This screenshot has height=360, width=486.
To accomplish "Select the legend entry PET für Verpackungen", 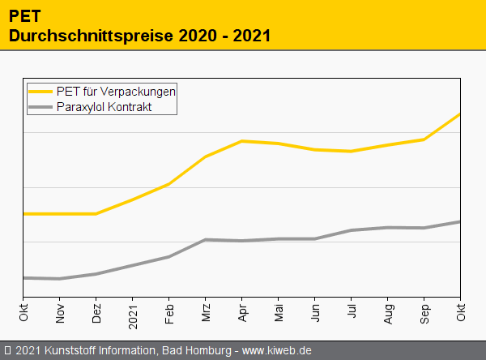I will click(116, 91).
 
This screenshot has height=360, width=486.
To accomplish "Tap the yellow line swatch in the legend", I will click(40, 91).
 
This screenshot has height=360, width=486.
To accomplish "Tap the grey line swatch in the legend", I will click(40, 106).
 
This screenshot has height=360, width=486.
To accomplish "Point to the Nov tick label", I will click(60, 311).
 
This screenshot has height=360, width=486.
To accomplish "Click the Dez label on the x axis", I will click(96, 311).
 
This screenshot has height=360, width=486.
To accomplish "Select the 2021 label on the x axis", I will click(133, 312).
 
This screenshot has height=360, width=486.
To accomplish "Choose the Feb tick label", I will click(169, 311).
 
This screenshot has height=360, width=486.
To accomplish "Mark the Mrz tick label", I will click(206, 311).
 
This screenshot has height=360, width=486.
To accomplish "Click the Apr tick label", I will click(242, 311).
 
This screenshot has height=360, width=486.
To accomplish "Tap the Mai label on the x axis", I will click(279, 311).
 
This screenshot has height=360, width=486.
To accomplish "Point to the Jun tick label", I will click(315, 311).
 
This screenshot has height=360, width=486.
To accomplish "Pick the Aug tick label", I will click(388, 311).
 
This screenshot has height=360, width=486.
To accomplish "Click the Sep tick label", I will click(424, 311).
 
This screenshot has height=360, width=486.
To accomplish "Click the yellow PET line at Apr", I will click(242, 141).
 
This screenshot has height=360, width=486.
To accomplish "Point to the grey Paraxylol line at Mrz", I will click(206, 240).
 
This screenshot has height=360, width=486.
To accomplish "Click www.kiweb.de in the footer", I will click(277, 350).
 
